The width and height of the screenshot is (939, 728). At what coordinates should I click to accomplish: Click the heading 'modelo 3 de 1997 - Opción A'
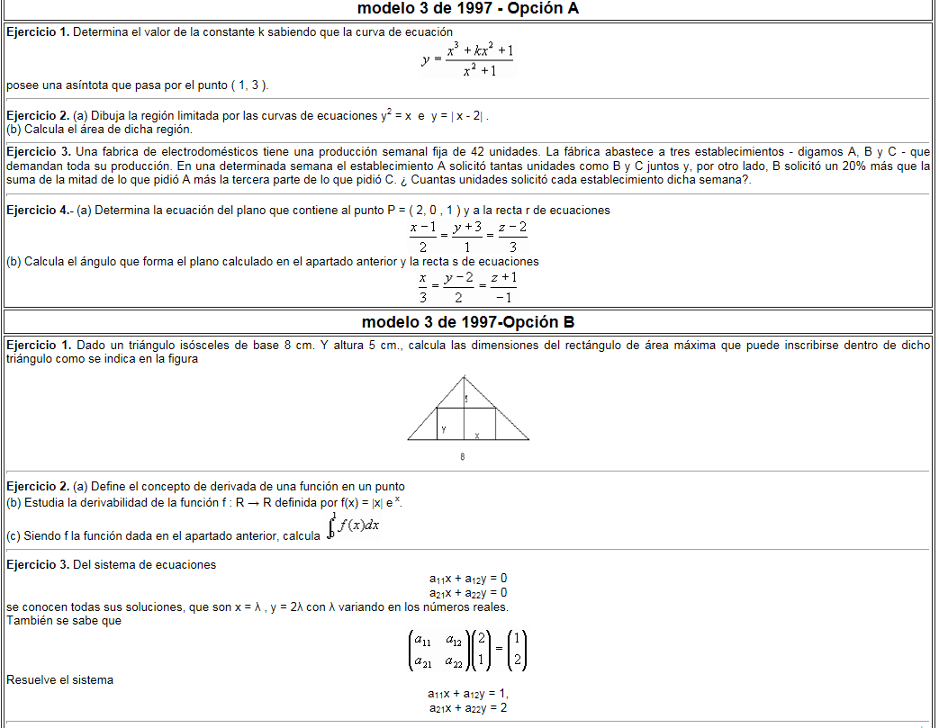(x=468, y=9)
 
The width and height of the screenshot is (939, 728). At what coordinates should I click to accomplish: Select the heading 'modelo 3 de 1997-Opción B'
(x=468, y=322)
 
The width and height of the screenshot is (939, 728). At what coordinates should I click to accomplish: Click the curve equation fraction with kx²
(x=480, y=60)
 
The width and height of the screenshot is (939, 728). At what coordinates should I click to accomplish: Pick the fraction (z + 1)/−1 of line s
(x=504, y=288)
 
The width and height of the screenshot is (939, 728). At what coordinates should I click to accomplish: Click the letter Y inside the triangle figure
(x=444, y=430)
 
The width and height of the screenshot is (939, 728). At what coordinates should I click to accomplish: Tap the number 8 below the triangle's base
(x=463, y=457)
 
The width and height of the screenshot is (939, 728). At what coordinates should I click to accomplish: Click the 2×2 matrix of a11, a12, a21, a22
(x=435, y=651)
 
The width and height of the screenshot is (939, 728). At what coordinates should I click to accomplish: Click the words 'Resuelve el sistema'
(x=59, y=680)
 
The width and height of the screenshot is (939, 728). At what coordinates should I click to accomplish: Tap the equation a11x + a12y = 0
(x=468, y=579)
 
